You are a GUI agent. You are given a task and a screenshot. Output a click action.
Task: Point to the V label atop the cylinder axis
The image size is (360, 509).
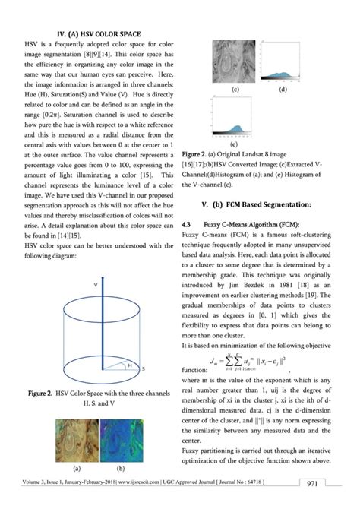click(x=95, y=283)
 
